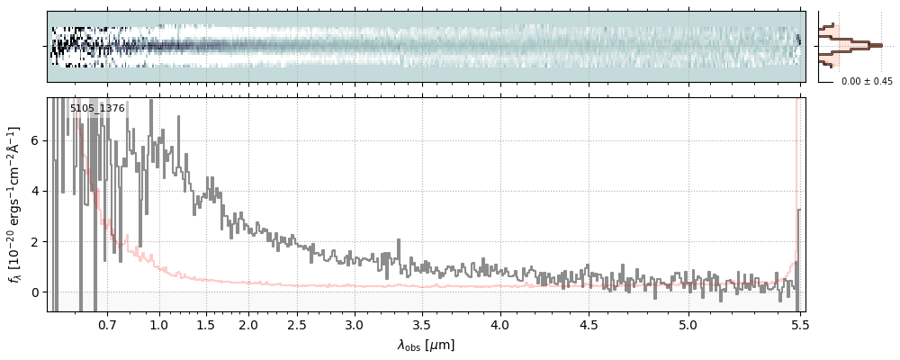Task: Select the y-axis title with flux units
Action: pyautogui.click(x=15, y=204)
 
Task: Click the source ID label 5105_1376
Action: pyautogui.click(x=97, y=108)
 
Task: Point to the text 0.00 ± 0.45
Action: pyautogui.click(x=867, y=81)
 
